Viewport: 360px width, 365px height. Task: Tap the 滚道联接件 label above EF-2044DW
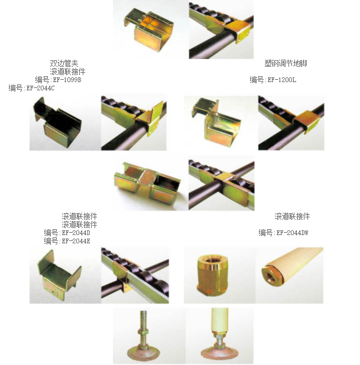pos(292,216)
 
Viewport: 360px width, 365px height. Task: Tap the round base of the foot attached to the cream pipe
pos(218,354)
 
